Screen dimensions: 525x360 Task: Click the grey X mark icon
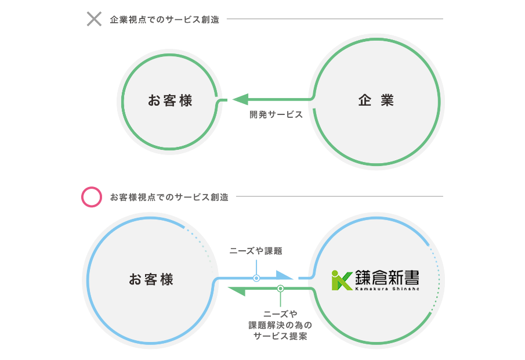coord(94,19)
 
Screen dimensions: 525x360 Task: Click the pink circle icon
coord(92,197)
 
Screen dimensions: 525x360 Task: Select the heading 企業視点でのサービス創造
coord(164,20)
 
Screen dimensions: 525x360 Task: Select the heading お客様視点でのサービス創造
coord(169,197)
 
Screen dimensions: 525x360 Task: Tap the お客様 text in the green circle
coord(170,100)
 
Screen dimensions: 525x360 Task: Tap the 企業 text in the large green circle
coord(376,100)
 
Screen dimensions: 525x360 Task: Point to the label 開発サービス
coord(276,114)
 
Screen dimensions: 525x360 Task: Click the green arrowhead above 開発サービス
coord(240,99)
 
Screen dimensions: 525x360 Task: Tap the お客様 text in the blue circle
coord(151,279)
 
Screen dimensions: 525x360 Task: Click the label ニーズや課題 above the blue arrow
coord(256,251)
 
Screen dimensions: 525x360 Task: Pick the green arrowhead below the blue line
coord(237,291)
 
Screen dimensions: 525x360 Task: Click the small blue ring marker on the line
coord(256,278)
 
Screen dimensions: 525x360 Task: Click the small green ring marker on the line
coord(281,288)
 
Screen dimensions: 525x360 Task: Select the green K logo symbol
coord(342,280)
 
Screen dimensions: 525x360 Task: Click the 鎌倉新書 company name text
coord(387,278)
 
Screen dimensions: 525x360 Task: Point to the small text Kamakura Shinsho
coord(387,289)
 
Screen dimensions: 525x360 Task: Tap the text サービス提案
coord(280,336)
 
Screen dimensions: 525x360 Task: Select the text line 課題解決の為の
coord(280,325)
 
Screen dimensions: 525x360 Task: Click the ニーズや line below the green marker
coord(280,314)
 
